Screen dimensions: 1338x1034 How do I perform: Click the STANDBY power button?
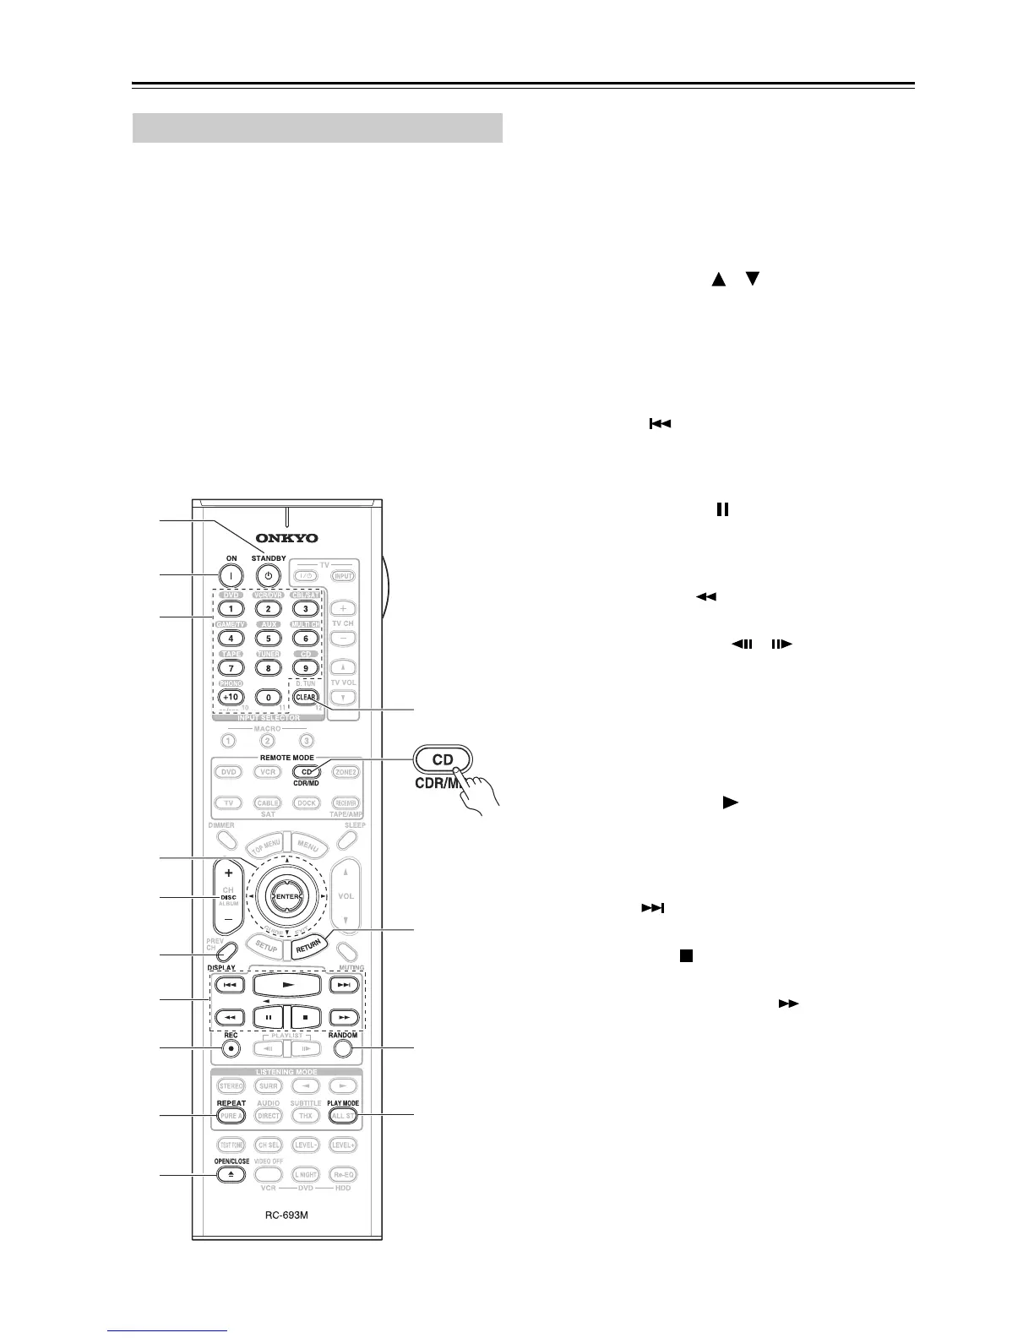click(268, 577)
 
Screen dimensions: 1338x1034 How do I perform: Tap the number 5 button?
click(268, 639)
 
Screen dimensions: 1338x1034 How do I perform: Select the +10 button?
click(231, 698)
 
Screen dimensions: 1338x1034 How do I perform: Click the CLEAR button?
click(306, 698)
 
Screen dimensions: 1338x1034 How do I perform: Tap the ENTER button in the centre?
click(287, 896)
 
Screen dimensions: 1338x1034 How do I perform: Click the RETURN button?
click(308, 948)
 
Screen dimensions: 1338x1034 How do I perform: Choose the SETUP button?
click(266, 948)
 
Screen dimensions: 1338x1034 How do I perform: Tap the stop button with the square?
click(305, 1017)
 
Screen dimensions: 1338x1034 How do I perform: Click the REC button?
click(231, 1048)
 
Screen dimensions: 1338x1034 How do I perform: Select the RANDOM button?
click(342, 1048)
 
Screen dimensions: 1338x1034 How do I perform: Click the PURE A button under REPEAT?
click(231, 1116)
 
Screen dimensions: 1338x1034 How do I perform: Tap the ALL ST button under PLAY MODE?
click(343, 1116)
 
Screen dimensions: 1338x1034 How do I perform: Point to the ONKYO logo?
click(288, 538)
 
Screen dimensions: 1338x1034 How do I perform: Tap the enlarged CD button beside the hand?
click(444, 759)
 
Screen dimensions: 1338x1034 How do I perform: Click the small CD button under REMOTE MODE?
click(306, 772)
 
